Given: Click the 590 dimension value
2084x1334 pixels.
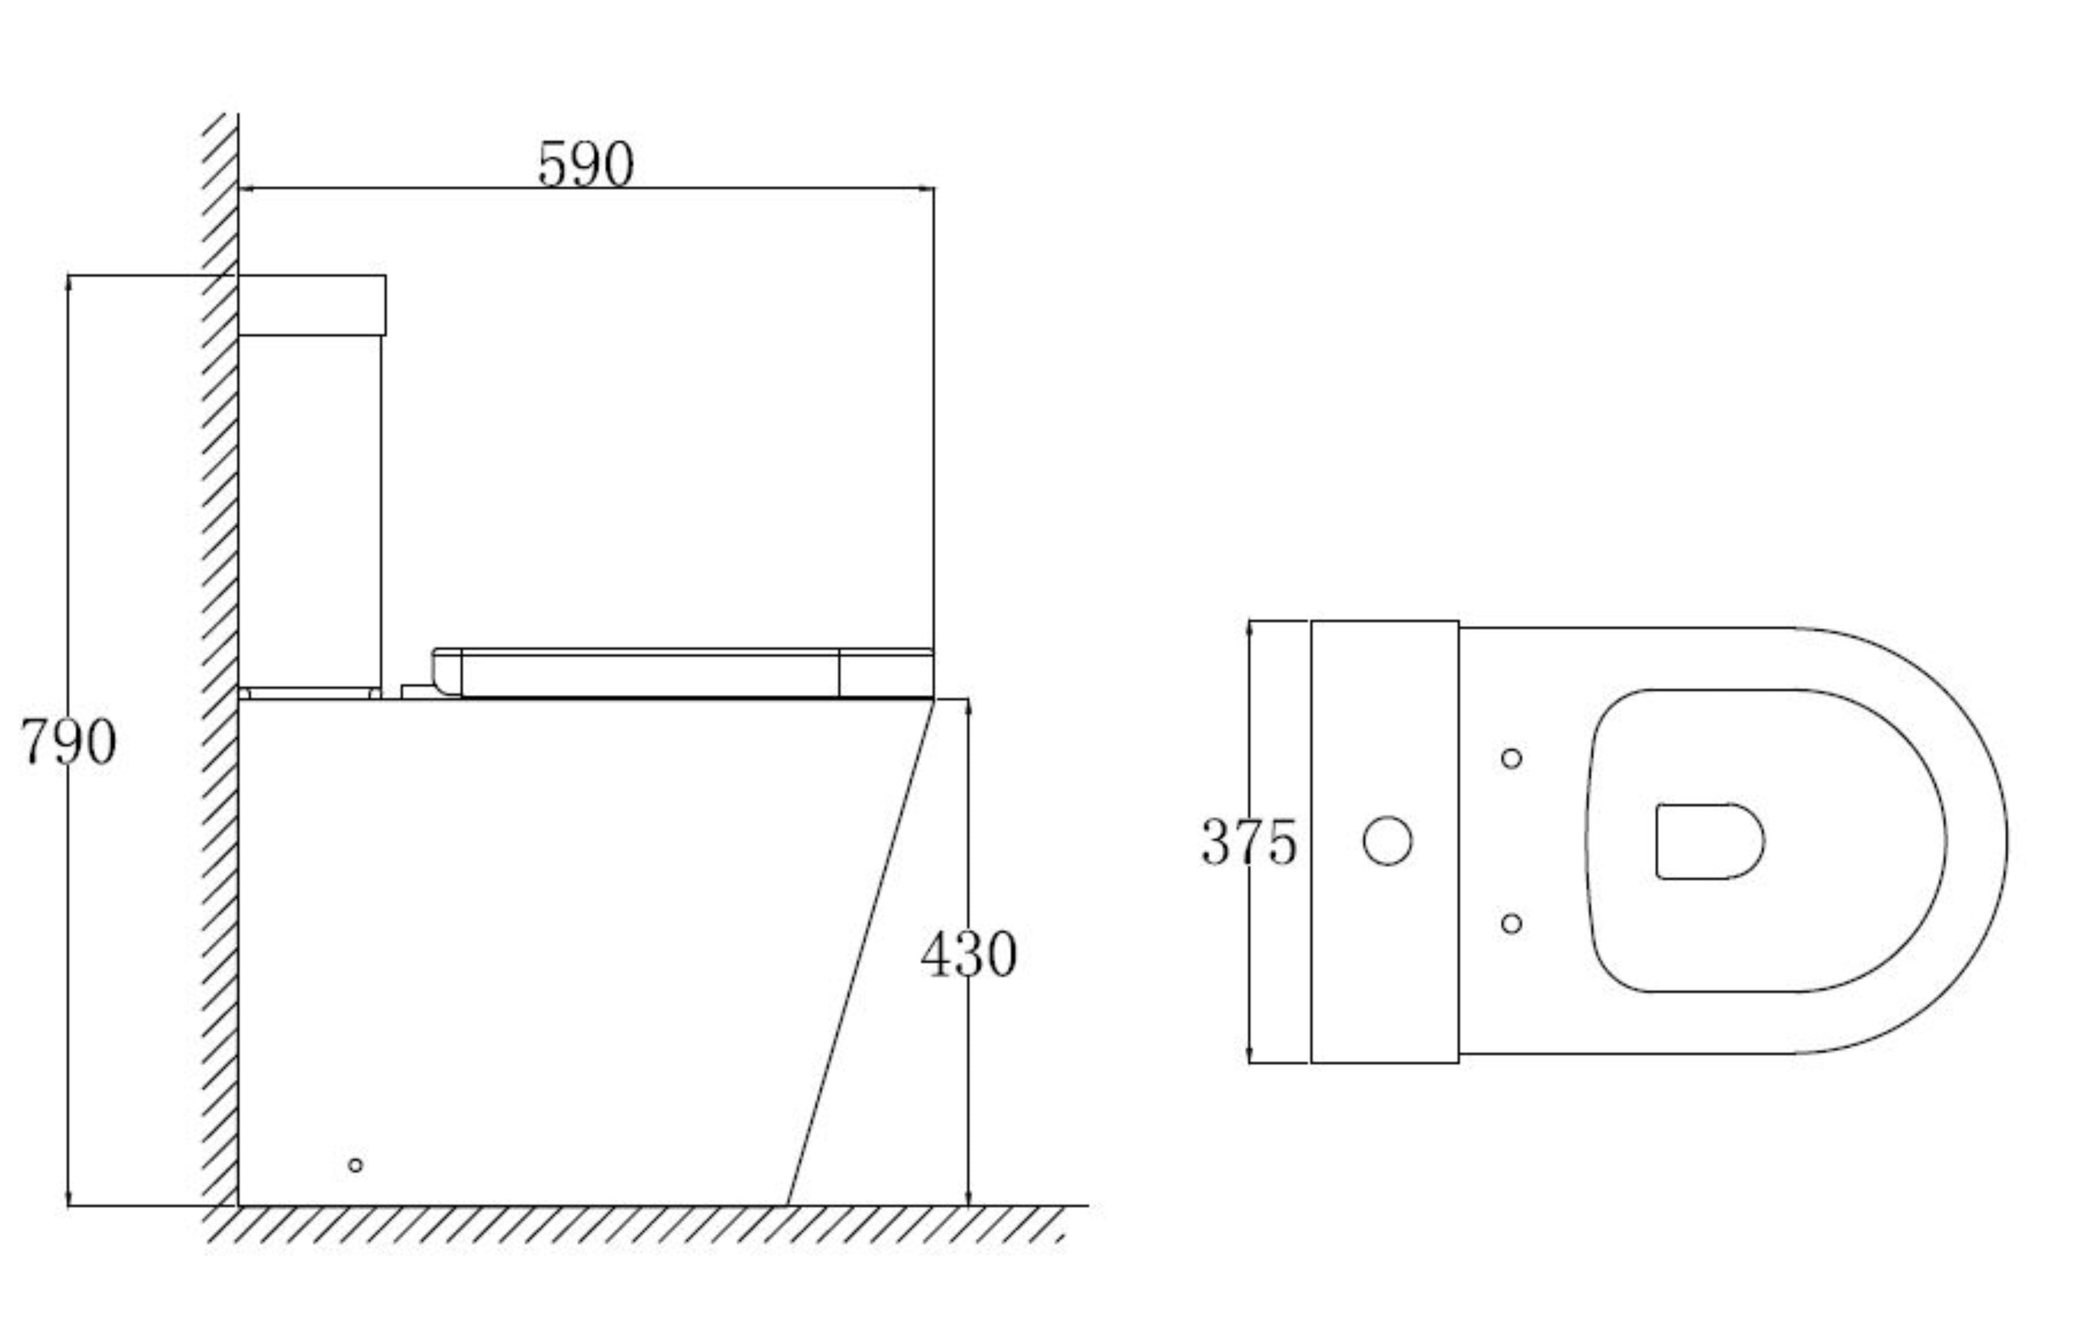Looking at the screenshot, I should (x=586, y=164).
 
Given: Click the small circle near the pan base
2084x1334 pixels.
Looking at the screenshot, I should (x=355, y=1165).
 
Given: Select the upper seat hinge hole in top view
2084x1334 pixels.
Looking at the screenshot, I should (x=1511, y=759).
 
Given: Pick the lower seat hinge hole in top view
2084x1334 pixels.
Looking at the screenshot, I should (x=1511, y=923).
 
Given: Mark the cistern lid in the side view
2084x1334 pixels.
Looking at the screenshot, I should (x=312, y=305).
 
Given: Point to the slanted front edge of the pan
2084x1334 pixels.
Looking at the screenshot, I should (x=861, y=953).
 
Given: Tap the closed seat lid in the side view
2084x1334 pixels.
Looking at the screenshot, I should (x=650, y=674).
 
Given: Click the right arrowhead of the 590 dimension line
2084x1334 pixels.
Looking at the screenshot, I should (x=929, y=188).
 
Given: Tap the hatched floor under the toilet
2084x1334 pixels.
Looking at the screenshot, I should (x=606, y=1225).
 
